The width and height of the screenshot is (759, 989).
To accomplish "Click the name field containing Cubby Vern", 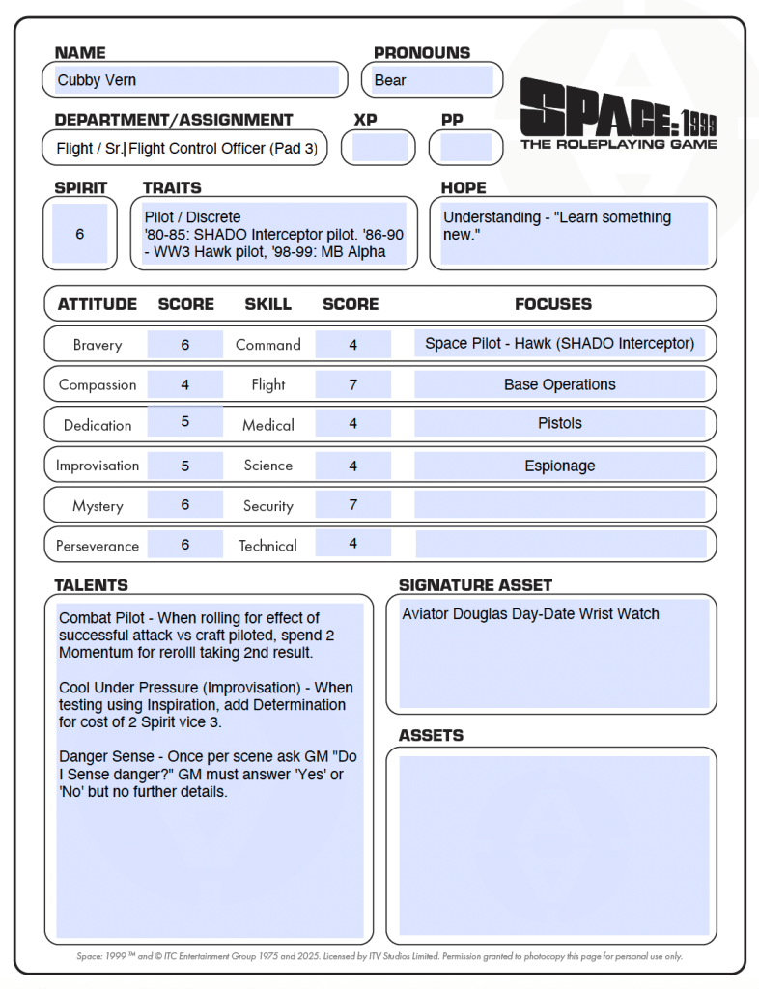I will tap(193, 80).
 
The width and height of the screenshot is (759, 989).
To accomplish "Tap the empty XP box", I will tap(380, 148).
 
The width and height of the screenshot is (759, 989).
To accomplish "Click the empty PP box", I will tap(466, 148).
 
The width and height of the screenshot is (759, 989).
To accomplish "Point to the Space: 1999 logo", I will tap(618, 115).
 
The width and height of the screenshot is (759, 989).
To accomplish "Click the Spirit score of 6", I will tap(79, 234).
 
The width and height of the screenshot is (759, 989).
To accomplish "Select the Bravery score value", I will tap(184, 345).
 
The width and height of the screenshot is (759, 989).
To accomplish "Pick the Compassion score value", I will tap(184, 384).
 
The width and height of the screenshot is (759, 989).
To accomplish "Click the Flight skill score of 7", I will tap(353, 384).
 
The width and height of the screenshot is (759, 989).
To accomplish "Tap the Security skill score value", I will tap(353, 504).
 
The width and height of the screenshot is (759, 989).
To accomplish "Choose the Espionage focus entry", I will tap(560, 466).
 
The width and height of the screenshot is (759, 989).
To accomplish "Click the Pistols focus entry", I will tap(560, 423).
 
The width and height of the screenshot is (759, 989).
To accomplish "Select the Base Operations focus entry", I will tap(560, 384).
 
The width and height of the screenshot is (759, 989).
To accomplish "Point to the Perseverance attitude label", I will tap(98, 546).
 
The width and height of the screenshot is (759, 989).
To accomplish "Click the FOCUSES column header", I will tap(553, 304).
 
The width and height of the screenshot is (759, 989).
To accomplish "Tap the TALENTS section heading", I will tap(91, 585).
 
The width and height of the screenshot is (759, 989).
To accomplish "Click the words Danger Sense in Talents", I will tap(102, 757).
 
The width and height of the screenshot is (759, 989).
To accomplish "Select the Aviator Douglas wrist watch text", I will tap(531, 613).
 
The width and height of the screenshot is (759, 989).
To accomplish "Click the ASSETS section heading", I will tap(431, 735).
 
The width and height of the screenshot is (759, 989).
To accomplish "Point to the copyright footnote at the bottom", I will tap(379, 956).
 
